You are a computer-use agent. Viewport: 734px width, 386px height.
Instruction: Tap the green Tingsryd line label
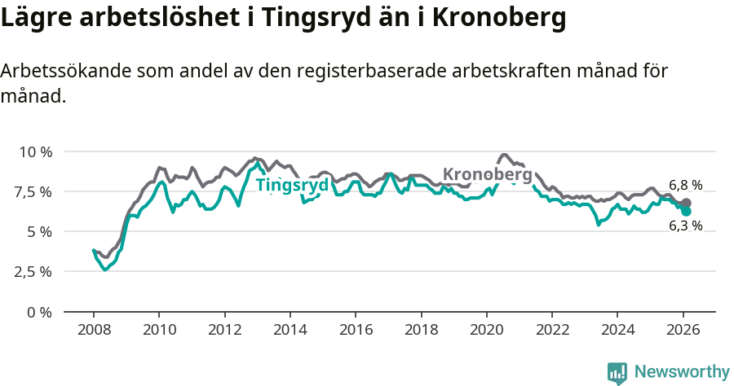pyautogui.click(x=292, y=186)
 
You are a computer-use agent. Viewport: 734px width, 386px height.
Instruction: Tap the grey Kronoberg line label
pyautogui.click(x=487, y=174)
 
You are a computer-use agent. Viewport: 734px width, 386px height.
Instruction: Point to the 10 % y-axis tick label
pyautogui.click(x=35, y=152)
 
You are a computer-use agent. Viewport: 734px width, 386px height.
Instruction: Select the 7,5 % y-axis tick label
pyautogui.click(x=33, y=192)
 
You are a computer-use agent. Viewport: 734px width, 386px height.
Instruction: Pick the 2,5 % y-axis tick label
pyautogui.click(x=33, y=272)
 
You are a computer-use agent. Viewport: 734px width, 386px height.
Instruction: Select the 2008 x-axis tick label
pyautogui.click(x=94, y=330)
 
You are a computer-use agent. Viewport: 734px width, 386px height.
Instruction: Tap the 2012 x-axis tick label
pyautogui.click(x=224, y=330)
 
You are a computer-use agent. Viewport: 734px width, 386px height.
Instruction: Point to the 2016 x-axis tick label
pyautogui.click(x=356, y=330)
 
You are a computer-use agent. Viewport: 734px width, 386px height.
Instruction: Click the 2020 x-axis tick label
pyautogui.click(x=486, y=330)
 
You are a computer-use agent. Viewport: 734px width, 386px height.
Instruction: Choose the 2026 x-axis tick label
pyautogui.click(x=683, y=330)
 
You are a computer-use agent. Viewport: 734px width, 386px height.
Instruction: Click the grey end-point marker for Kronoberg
pyautogui.click(x=686, y=203)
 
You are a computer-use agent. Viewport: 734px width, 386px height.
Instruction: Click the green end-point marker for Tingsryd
pyautogui.click(x=686, y=211)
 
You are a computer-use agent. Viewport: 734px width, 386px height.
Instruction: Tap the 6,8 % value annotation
pyautogui.click(x=685, y=185)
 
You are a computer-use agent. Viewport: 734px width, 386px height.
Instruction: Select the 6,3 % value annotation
pyautogui.click(x=685, y=226)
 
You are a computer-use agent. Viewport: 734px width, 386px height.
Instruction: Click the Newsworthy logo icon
pyautogui.click(x=617, y=372)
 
